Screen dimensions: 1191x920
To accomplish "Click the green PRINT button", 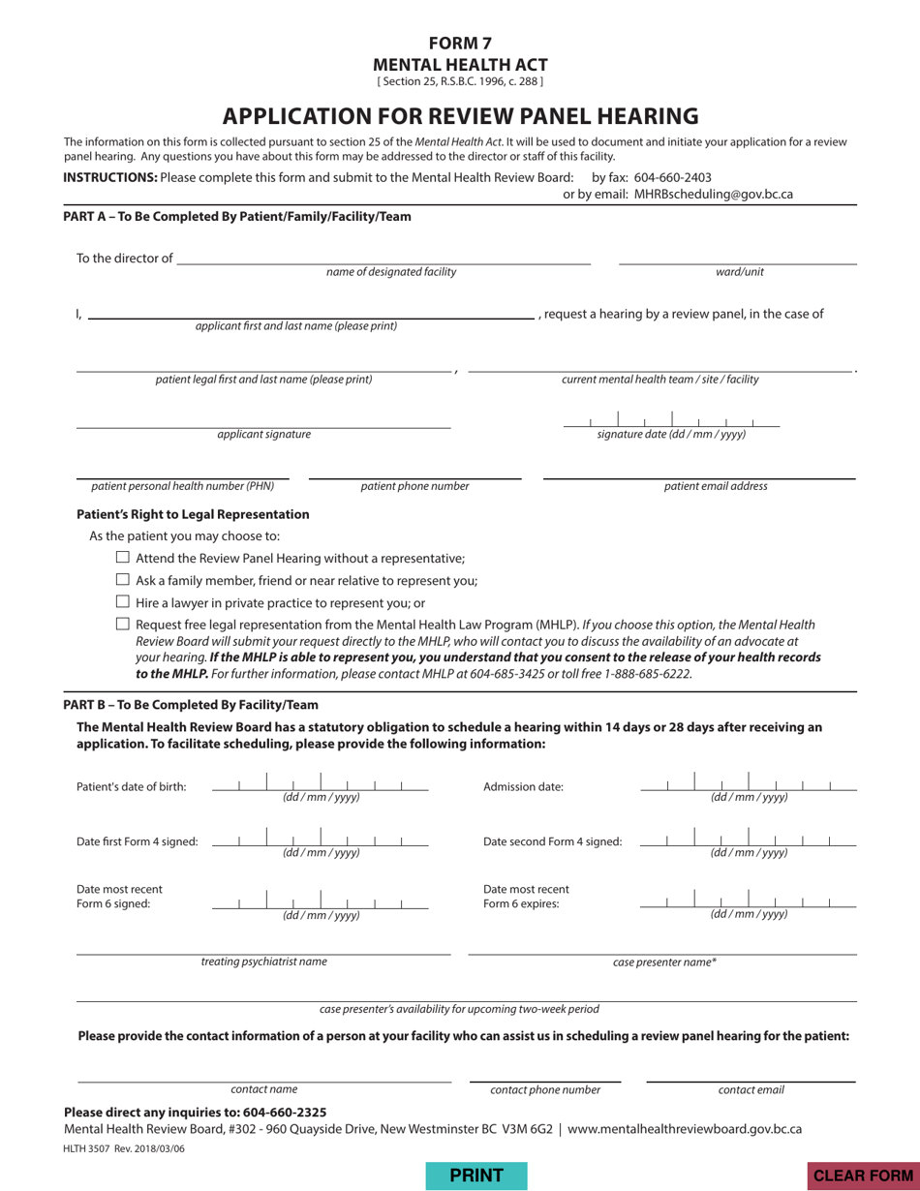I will [475, 1175].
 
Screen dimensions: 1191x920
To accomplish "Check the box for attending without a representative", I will [123, 558].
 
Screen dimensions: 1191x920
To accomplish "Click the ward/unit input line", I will [738, 256].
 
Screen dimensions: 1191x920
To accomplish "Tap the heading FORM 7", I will [460, 43].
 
